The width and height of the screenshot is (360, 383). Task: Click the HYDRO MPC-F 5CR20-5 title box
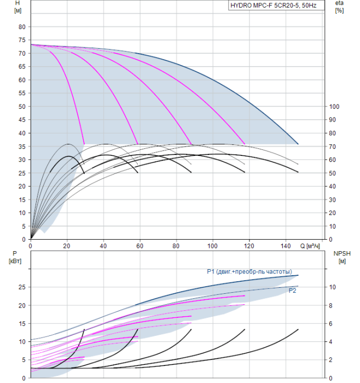pyautogui.click(x=276, y=5)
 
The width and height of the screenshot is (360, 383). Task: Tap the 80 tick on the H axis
pyautogui.click(x=22, y=27)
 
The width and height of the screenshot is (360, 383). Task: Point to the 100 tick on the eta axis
pyautogui.click(x=334, y=107)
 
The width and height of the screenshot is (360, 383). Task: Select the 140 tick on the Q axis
pyautogui.click(x=286, y=246)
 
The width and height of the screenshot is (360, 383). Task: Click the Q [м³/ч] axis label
pyautogui.click(x=310, y=246)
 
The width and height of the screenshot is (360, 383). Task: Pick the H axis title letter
pyautogui.click(x=18, y=3)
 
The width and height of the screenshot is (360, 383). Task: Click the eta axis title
pyautogui.click(x=339, y=3)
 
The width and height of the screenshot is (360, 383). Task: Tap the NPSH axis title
pyautogui.click(x=342, y=253)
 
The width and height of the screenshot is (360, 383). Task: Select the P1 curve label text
pyautogui.click(x=249, y=271)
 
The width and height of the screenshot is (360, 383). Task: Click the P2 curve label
pyautogui.click(x=292, y=291)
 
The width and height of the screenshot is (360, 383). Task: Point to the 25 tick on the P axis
pyautogui.click(x=22, y=287)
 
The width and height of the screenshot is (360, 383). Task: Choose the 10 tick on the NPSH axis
pyautogui.click(x=333, y=287)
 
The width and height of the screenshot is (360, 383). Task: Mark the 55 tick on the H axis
pyautogui.click(x=22, y=94)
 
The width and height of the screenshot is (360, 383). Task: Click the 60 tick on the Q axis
pyautogui.click(x=140, y=246)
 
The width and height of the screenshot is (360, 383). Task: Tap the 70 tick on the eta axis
pyautogui.click(x=333, y=147)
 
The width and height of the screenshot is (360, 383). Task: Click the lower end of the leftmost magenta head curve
pyautogui.click(x=84, y=144)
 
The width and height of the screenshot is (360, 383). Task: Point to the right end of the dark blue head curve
pyautogui.click(x=298, y=144)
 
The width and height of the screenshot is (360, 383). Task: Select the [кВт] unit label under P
pyautogui.click(x=15, y=261)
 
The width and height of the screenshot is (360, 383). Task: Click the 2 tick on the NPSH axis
pyautogui.click(x=330, y=360)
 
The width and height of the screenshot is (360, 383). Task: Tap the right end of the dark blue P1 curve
pyautogui.click(x=298, y=275)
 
